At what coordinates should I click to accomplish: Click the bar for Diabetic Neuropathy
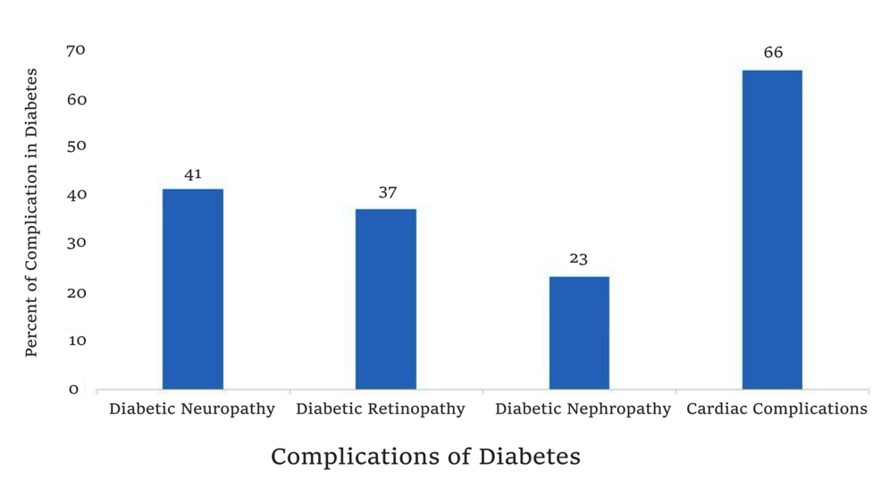click(x=193, y=289)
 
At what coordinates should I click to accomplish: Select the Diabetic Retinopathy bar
click(x=386, y=298)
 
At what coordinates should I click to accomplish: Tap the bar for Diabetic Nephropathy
click(x=579, y=332)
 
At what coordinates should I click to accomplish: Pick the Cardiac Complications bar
click(x=772, y=229)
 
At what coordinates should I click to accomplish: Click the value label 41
click(x=193, y=174)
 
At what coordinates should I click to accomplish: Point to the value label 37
click(x=387, y=193)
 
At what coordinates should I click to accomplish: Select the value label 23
click(x=579, y=260)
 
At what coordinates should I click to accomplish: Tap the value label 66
click(x=773, y=54)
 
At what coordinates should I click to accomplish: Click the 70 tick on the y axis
click(x=77, y=50)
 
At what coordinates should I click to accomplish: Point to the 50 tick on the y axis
click(x=77, y=147)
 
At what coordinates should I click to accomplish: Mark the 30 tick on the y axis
click(x=77, y=244)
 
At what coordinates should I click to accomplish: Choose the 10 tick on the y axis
click(x=77, y=341)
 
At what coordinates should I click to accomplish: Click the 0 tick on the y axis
click(x=74, y=390)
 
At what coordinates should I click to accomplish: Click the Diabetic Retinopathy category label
click(x=381, y=409)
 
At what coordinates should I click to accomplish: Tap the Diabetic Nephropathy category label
click(x=583, y=409)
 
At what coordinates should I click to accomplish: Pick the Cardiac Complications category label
click(x=776, y=409)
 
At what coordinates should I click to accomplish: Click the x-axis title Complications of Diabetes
click(x=425, y=457)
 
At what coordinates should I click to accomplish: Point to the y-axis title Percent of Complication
click(x=31, y=212)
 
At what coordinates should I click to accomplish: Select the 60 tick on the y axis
click(x=77, y=99)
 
